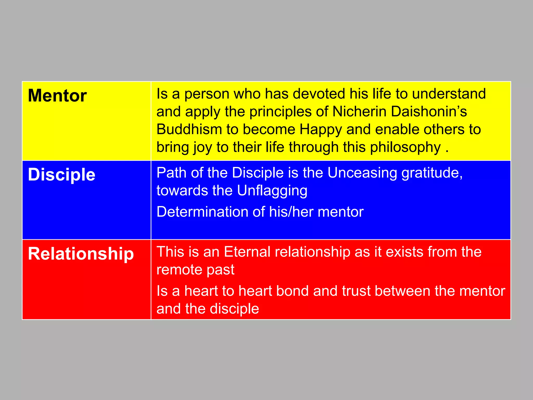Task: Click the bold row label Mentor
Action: [x=57, y=96]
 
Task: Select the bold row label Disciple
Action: [x=61, y=174]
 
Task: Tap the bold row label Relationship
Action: [x=81, y=254]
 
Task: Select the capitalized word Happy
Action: [x=321, y=130]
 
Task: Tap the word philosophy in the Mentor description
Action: [x=405, y=147]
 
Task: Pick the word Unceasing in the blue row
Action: [x=362, y=173]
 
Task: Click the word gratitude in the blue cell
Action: [x=432, y=173]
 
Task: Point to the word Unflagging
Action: [x=272, y=191]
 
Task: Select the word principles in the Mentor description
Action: [x=281, y=112]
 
